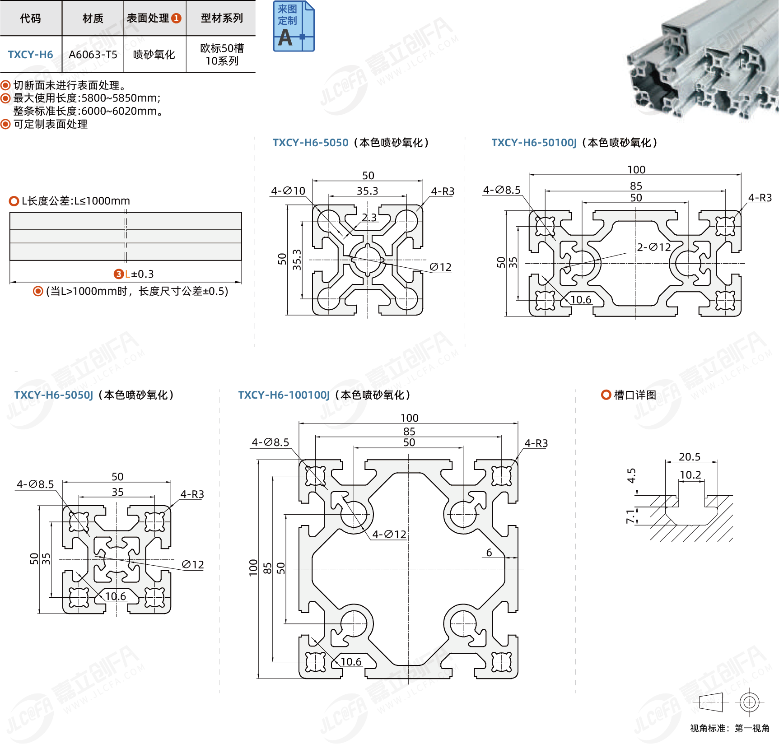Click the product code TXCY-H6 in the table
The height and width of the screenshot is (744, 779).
[x=30, y=55]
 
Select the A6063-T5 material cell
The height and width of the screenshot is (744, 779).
[x=93, y=55]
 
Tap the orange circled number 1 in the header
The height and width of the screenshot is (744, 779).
[x=176, y=18]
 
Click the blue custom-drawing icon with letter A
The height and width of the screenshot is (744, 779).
[x=294, y=26]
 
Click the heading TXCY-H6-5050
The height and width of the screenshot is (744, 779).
[x=310, y=143]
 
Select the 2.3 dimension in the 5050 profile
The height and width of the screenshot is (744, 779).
[x=369, y=218]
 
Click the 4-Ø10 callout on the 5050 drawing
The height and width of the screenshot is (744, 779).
[x=288, y=191]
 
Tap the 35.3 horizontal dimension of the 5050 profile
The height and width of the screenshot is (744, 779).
[x=367, y=191]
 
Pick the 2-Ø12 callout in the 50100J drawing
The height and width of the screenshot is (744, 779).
[x=653, y=247]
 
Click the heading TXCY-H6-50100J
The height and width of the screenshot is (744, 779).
[x=534, y=143]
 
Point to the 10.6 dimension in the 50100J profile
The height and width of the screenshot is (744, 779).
[x=580, y=300]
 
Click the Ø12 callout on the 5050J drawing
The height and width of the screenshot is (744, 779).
[x=193, y=565]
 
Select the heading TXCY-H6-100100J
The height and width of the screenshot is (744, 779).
[x=284, y=395]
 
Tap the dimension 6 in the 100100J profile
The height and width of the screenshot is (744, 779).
[x=489, y=553]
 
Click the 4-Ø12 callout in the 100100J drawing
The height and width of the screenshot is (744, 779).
[x=389, y=535]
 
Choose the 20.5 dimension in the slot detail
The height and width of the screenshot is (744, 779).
[x=690, y=457]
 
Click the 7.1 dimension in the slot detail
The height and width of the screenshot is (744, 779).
[x=630, y=516]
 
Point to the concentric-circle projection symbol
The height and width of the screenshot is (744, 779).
[x=749, y=702]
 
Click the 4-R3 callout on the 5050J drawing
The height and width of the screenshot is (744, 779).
[x=192, y=494]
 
